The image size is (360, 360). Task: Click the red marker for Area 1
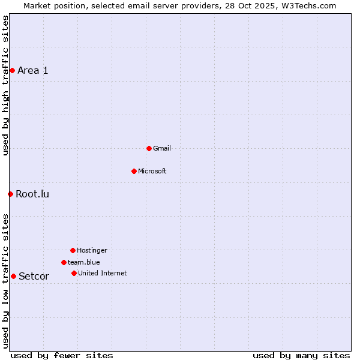pos(12,70)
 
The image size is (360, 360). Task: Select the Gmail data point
pos(149,148)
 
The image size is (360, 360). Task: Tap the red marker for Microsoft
pos(134,171)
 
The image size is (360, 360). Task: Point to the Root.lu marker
pos(10,194)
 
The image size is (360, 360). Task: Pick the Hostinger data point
pos(73,250)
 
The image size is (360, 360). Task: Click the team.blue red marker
pos(64,262)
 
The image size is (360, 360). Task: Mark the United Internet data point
pos(74,273)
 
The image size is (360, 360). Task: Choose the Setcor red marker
pos(13,276)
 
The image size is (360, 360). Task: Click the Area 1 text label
pos(33,70)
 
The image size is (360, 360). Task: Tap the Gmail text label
pos(162,148)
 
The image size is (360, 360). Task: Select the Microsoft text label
pos(152,171)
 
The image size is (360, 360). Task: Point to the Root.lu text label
pos(32,194)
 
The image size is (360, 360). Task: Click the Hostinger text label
pos(92,250)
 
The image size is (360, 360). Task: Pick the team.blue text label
pos(84,262)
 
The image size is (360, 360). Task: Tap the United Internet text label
pos(103,273)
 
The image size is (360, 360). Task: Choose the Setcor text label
pos(34,276)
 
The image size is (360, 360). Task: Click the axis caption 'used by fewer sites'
pos(62,355)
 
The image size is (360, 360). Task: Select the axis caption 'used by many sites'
pos(301,355)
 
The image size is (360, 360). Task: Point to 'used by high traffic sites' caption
pos(5,85)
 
